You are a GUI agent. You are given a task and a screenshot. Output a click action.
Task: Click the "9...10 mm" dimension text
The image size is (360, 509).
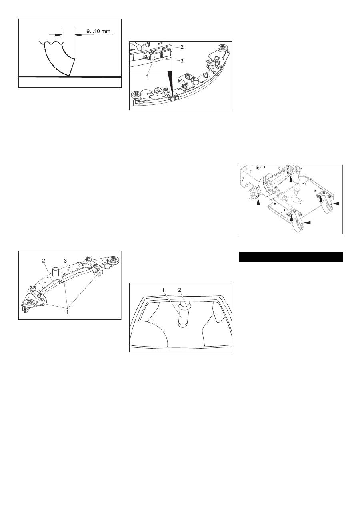point(98,31)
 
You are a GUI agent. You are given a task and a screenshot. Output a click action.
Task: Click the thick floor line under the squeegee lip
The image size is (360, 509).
point(70,77)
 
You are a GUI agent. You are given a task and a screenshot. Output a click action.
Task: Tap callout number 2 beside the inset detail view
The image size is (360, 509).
point(182,47)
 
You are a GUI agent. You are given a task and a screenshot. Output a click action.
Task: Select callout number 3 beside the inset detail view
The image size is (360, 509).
point(182,61)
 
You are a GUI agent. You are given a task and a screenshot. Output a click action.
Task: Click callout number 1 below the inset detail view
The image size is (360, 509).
point(147,76)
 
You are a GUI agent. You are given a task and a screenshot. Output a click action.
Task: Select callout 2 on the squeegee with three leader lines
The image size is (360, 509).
point(44,261)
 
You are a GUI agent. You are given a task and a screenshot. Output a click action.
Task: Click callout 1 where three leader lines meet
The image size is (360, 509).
point(67,312)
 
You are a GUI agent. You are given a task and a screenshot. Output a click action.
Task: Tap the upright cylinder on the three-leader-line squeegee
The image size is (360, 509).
point(56,272)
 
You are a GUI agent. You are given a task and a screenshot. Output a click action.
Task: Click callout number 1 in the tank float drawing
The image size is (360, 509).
point(163,290)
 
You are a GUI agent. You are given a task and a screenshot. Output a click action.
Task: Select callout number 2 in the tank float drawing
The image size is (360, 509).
point(180,290)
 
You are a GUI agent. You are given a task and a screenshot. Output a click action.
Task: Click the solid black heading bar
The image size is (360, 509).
point(291,257)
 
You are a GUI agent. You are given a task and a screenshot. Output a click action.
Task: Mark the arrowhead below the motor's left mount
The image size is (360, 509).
point(258,202)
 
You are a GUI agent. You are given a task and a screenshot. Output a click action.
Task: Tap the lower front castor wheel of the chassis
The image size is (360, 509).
point(298,224)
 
